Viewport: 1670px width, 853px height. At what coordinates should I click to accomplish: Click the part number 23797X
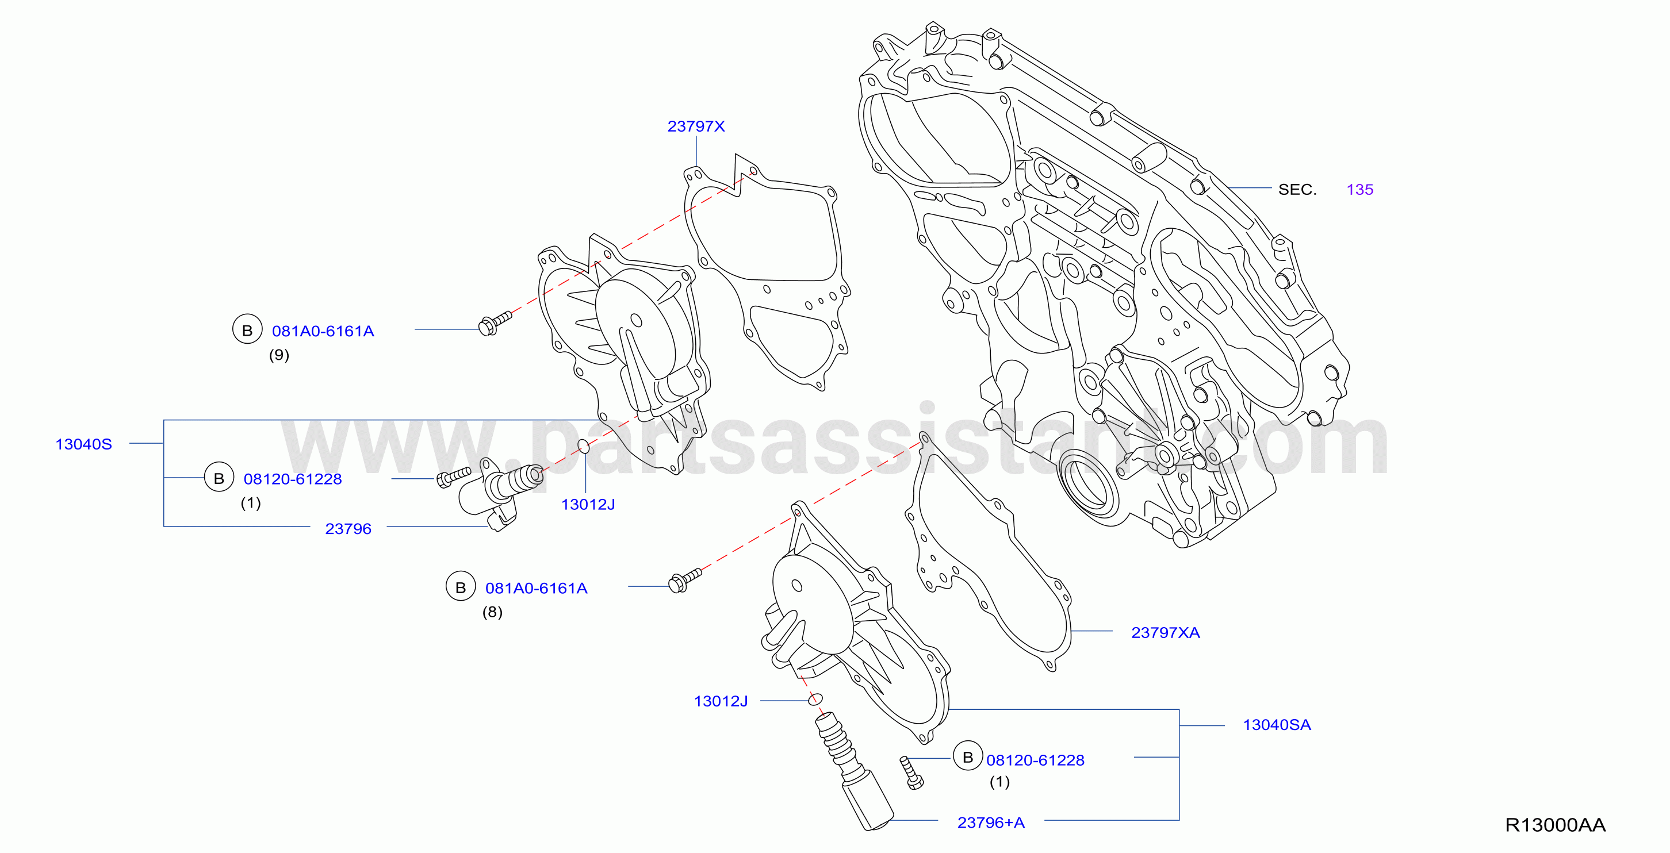696,126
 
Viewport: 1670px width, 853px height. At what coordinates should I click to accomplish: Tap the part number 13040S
83,444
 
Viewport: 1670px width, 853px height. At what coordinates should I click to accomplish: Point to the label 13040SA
1277,725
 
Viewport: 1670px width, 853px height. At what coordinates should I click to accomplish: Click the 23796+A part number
991,823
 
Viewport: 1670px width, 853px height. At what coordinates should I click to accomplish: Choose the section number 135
1359,189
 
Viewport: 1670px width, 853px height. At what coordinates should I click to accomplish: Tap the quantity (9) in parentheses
279,355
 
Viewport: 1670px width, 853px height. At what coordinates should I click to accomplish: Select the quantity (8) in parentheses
492,612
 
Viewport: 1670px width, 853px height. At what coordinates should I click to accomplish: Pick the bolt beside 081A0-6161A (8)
684,579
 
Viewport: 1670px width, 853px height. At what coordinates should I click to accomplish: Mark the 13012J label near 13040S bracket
587,504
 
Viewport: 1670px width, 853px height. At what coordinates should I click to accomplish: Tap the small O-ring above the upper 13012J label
584,446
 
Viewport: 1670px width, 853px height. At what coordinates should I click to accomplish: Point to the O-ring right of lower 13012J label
815,699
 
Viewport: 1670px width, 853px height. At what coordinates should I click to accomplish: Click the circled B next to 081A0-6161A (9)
247,329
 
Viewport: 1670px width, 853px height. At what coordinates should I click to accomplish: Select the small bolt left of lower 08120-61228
911,772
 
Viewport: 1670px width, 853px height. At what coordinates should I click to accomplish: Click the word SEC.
1297,189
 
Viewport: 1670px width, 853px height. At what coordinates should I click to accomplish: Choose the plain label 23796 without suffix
348,529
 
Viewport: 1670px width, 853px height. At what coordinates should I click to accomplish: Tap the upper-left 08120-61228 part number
292,479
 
